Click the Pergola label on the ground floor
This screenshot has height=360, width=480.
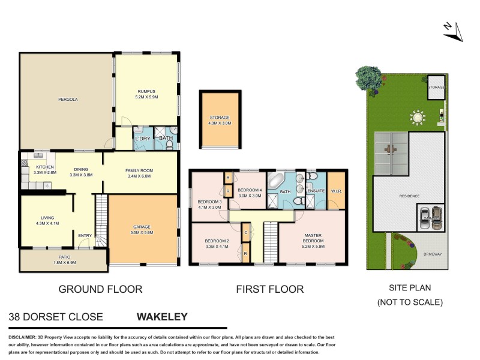[68, 99]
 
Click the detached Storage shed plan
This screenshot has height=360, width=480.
[220, 119]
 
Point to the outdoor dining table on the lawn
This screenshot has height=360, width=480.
[416, 116]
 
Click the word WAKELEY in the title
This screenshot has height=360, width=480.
[163, 317]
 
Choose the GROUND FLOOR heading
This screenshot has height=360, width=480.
[100, 289]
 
